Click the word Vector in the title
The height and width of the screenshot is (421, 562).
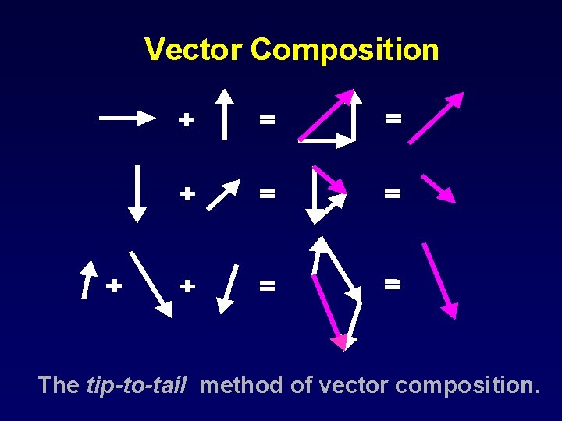pos(194,50)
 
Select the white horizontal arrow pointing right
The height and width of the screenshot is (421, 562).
pos(129,118)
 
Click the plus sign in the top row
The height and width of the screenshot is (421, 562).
pos(186,119)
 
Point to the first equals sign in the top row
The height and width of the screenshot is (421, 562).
pos(267,119)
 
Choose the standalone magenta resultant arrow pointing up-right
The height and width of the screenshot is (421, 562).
pos(436,119)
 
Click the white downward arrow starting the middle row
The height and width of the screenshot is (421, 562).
pos(137,192)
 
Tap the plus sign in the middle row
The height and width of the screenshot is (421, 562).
pos(187,193)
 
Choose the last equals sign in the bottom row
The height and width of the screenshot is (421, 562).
pos(393,285)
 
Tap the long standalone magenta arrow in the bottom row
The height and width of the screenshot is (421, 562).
pos(439,281)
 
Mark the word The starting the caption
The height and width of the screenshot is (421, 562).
pos(58,384)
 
